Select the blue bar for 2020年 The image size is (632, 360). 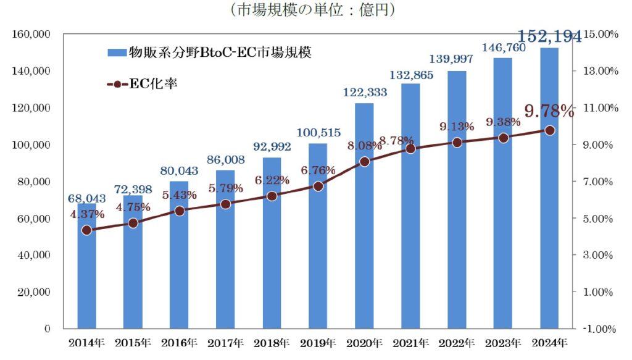364,247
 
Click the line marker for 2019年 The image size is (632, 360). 318,186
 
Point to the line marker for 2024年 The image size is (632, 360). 549,130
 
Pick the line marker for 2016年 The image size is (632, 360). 179,211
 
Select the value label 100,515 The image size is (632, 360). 318,133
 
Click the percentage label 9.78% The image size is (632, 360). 549,112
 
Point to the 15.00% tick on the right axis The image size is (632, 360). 601,34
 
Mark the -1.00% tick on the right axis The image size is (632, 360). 601,329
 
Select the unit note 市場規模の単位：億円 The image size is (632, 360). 311,10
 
